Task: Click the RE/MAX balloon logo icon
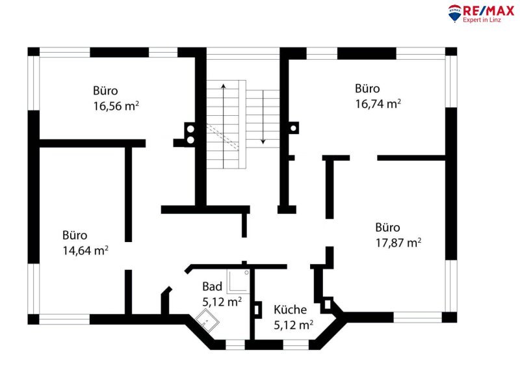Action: (x=454, y=13)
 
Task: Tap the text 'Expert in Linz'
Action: (x=482, y=20)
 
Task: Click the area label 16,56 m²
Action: (x=116, y=106)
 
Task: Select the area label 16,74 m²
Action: (x=378, y=104)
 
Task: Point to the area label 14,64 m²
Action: (x=86, y=250)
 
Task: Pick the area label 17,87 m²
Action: (x=398, y=243)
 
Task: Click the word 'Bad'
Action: (x=213, y=286)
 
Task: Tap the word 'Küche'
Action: (x=290, y=310)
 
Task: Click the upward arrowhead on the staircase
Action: (x=224, y=86)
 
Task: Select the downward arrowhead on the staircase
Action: (x=263, y=142)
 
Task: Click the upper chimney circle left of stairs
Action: (x=190, y=129)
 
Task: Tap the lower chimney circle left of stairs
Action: (x=190, y=140)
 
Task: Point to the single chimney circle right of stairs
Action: (x=293, y=128)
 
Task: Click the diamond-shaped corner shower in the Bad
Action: (x=207, y=320)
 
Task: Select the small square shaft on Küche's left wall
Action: (x=257, y=310)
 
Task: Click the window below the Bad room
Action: (x=235, y=345)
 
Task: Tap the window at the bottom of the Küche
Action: (x=296, y=345)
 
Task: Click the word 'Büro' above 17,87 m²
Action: (x=387, y=228)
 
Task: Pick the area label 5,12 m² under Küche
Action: (x=294, y=325)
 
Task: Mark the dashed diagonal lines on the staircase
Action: (x=222, y=137)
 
